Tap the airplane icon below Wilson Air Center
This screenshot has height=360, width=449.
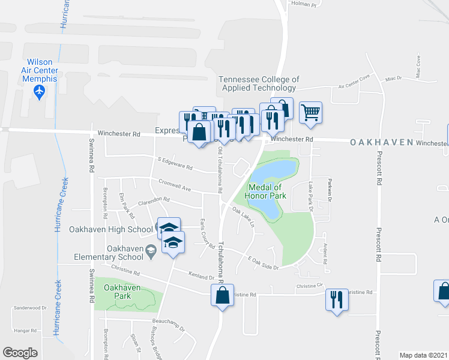point(40,92)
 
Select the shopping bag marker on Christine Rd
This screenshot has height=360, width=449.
point(222,295)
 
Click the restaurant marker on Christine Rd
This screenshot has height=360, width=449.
point(336,298)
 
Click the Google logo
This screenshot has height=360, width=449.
point(20,352)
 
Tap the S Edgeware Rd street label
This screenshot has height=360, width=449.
point(175,163)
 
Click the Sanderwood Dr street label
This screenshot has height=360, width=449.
point(29,307)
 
